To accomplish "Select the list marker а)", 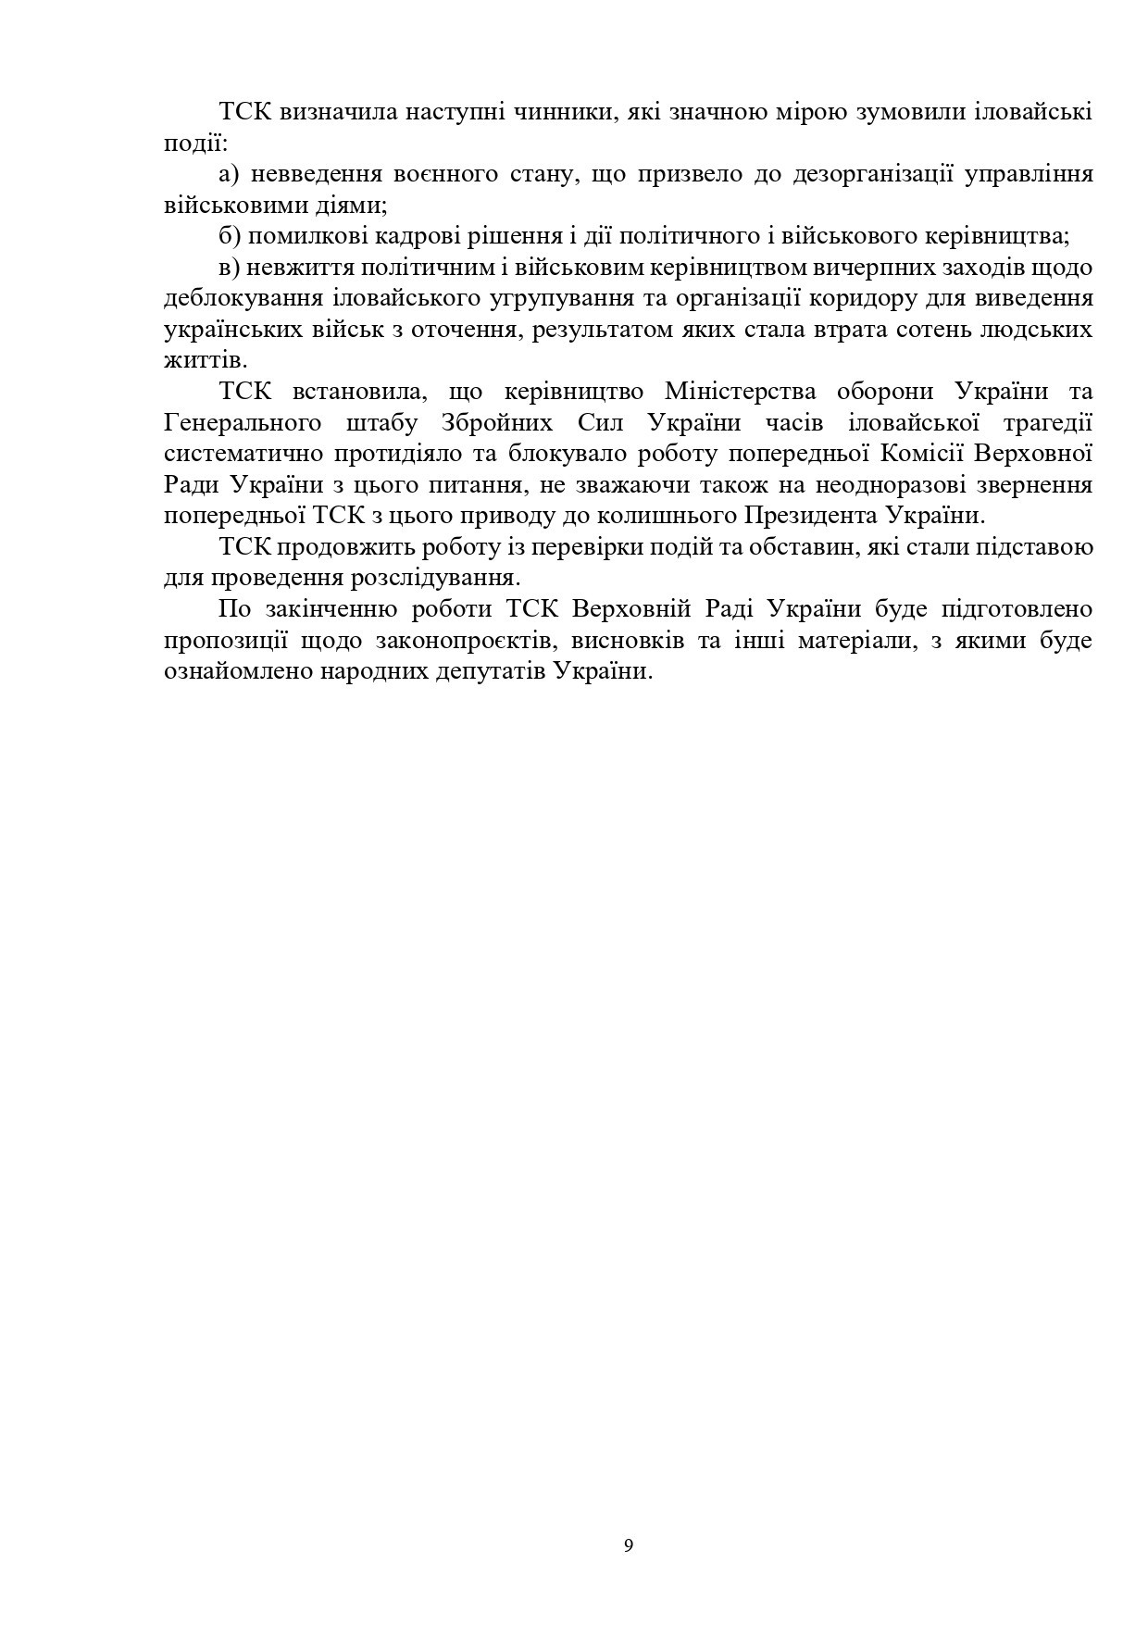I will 231,175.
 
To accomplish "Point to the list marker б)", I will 231,237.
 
